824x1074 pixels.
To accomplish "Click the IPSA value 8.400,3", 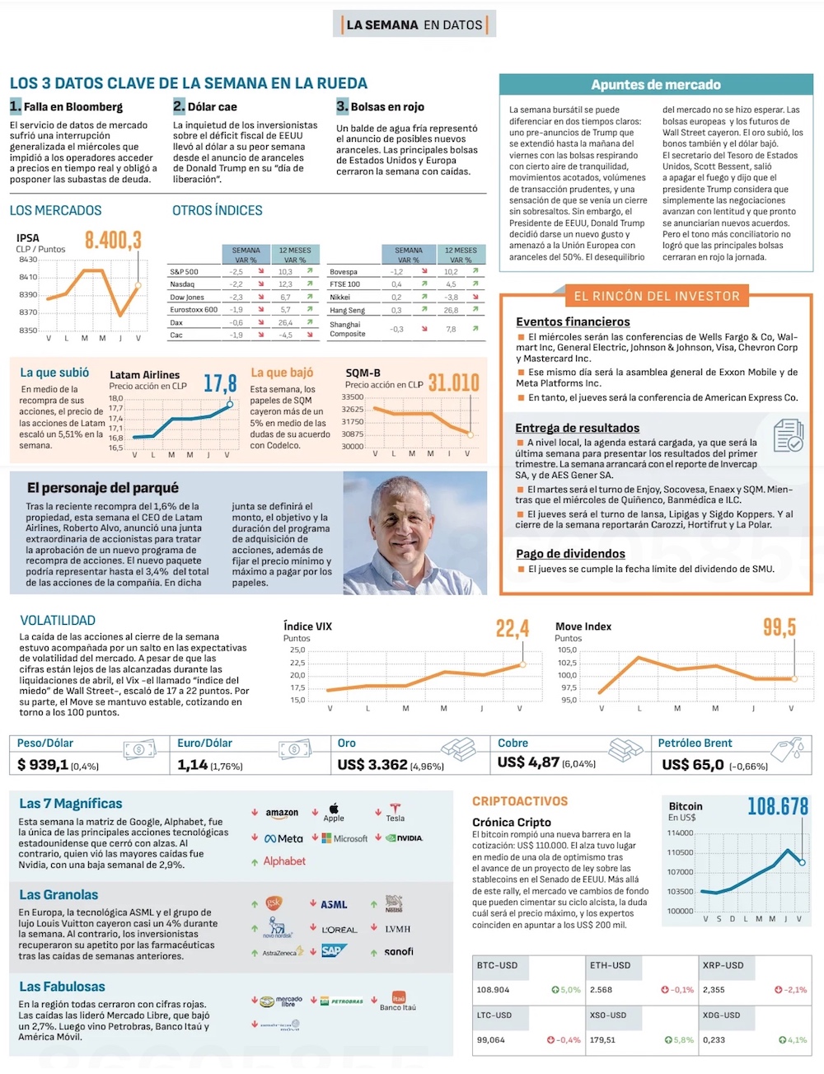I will [x=114, y=240].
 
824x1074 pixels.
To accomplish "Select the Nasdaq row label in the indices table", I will [x=182, y=284].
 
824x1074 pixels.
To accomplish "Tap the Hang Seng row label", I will [x=347, y=310].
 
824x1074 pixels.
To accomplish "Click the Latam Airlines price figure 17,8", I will [x=220, y=383].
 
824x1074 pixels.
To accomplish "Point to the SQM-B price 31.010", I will [x=453, y=382].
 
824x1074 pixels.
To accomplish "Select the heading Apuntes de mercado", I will [x=655, y=85].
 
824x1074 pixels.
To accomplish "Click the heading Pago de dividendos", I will [x=570, y=554].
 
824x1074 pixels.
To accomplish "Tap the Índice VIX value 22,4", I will [x=512, y=629].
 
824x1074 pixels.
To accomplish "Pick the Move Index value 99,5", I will [x=779, y=627].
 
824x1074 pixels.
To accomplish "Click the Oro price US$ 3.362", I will [x=372, y=765].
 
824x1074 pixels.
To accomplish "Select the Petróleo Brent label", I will [x=695, y=743].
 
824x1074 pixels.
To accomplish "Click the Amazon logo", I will [x=282, y=813].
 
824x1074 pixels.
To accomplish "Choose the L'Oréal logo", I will [x=339, y=929].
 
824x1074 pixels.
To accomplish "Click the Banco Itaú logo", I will [x=398, y=999].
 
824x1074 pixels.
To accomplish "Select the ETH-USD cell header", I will [x=610, y=965].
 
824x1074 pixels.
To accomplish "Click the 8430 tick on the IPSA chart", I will [x=28, y=260].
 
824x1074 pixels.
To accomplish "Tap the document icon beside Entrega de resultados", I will [x=788, y=435].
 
